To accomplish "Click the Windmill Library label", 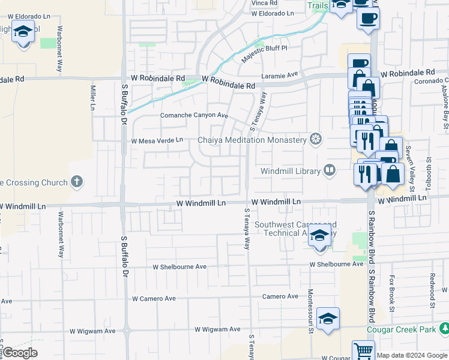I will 291,171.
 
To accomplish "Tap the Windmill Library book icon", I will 329,171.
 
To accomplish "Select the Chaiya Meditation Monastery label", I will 252,140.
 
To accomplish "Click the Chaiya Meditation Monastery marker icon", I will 315,140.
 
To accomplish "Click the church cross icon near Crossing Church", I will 76,181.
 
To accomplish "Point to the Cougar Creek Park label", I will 402,329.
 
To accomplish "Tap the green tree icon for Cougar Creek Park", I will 445,329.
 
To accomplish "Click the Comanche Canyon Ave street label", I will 194,115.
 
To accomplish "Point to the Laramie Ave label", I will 280,75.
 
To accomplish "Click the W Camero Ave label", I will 154,298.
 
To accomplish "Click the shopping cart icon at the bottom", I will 363,350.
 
